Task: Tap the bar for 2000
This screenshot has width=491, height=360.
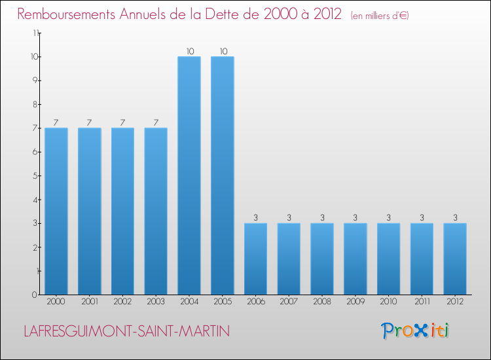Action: coord(56,211)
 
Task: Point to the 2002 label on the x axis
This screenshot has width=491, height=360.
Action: coord(122,302)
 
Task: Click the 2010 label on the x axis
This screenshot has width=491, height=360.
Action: coord(388,302)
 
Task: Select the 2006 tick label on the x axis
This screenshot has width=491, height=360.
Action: coord(255,302)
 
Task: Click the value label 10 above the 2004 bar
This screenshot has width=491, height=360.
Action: coord(189,51)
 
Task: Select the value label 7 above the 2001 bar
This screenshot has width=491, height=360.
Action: coord(89,122)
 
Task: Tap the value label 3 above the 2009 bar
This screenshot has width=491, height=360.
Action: coord(355,218)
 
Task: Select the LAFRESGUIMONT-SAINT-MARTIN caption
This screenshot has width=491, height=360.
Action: coord(126,331)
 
